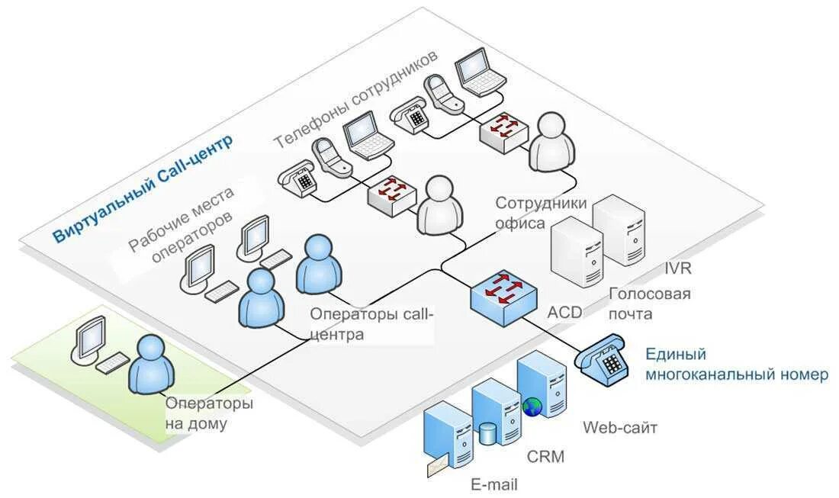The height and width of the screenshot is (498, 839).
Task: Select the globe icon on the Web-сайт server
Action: pyautogui.click(x=533, y=406)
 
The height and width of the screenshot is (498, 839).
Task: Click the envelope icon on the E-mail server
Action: pyautogui.click(x=438, y=464)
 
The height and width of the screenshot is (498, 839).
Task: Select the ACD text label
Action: pyautogui.click(x=564, y=312)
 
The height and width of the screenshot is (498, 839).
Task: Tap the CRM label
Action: pyautogui.click(x=546, y=457)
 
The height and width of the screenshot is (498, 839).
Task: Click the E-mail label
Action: pyautogui.click(x=493, y=484)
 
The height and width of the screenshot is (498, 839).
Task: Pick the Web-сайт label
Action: pyautogui.click(x=620, y=427)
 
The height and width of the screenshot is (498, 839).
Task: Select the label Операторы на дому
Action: pyautogui.click(x=209, y=413)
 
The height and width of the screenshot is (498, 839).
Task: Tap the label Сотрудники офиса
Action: pyautogui.click(x=541, y=213)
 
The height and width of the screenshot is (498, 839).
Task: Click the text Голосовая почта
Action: pyautogui.click(x=649, y=304)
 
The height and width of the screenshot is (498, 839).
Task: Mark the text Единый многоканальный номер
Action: pyautogui.click(x=735, y=365)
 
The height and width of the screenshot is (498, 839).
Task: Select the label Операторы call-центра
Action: pyautogui.click(x=371, y=323)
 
